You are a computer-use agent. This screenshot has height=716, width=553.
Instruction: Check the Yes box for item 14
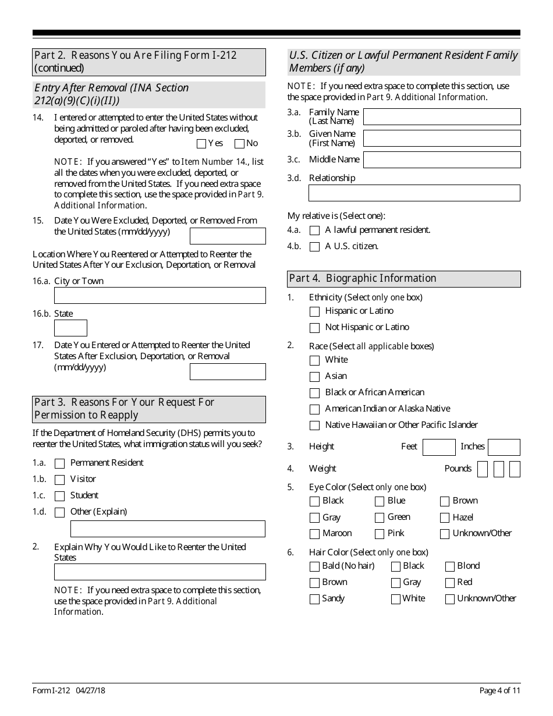201,143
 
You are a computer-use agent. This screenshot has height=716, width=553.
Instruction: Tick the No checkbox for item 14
239,143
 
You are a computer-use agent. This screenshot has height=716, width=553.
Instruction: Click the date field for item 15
228,236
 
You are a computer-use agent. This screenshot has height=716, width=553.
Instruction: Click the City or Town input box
159,296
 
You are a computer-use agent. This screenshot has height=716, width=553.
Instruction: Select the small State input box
70,328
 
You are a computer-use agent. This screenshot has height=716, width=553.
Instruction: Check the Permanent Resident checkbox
59,464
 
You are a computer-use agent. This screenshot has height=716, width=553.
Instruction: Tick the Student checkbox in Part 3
59,497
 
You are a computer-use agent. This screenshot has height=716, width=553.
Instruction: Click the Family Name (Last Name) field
442,117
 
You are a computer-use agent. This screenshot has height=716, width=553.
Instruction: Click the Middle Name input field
442,160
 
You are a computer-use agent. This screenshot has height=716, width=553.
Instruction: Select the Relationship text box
414,193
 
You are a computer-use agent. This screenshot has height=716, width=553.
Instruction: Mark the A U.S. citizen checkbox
315,247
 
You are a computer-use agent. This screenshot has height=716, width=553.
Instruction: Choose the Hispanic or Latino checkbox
315,312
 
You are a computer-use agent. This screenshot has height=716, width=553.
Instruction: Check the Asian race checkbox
315,377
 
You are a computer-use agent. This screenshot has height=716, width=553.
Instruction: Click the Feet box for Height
439,447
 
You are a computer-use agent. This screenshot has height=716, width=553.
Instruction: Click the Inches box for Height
504,447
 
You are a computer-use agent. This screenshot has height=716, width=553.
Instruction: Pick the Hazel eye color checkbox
445,517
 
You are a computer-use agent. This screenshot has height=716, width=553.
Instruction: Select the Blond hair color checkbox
450,566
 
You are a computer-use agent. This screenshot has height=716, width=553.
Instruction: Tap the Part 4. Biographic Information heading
404,279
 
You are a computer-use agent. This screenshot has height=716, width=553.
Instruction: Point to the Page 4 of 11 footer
499,690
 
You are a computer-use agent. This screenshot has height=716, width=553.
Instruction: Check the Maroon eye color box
315,534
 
